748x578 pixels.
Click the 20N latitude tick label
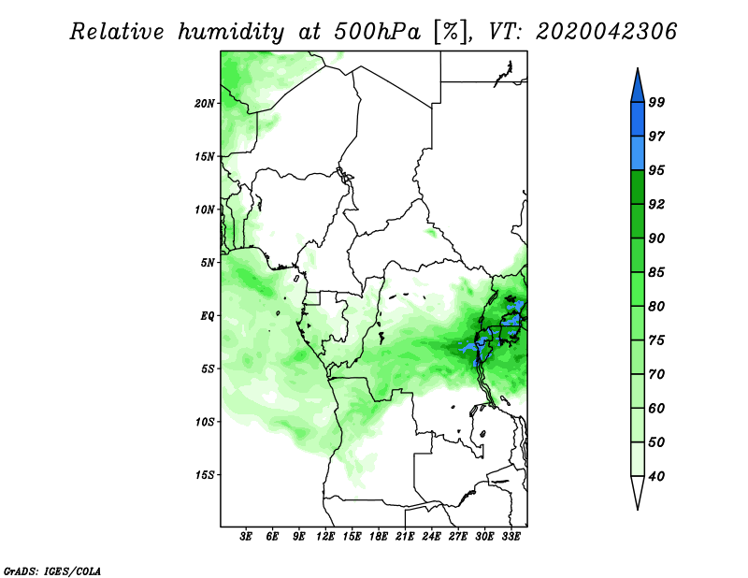coord(205,103)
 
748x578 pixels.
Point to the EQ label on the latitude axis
coord(207,316)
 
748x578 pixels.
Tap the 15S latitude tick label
coord(205,475)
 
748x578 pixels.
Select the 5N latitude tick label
coord(208,263)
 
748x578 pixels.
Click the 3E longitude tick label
coord(246,536)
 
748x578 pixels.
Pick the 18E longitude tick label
coord(379,536)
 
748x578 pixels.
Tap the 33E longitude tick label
coord(511,536)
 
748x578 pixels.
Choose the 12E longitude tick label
coord(325,536)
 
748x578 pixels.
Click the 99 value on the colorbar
coord(656,102)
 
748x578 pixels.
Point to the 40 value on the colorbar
coord(656,476)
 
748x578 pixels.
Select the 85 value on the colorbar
coord(656,272)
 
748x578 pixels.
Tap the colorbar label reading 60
coord(656,408)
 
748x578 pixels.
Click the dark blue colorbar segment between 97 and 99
coord(638,120)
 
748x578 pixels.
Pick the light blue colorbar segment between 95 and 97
coord(638,153)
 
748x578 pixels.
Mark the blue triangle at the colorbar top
coord(638,86)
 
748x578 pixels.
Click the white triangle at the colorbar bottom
coord(638,492)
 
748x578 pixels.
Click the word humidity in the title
coord(231,32)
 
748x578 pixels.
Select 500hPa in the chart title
coord(378,32)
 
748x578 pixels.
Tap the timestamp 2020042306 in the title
coord(606,32)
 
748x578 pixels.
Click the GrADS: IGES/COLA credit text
coord(52,571)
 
